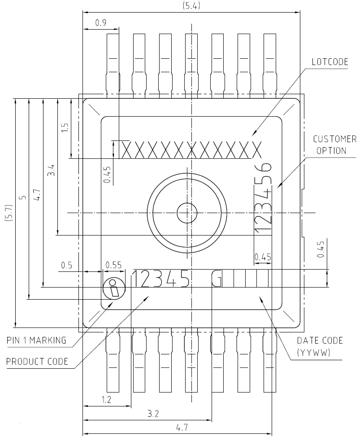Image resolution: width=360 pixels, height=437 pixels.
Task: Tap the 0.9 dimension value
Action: tap(101, 23)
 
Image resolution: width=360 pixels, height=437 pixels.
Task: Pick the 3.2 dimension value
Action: tap(153, 413)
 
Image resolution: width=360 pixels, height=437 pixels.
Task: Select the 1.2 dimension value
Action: tap(106, 400)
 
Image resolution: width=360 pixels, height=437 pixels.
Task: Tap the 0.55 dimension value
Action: tap(113, 265)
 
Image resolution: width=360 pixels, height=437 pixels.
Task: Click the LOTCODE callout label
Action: tap(330, 62)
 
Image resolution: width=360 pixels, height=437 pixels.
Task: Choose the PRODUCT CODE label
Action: tap(37, 362)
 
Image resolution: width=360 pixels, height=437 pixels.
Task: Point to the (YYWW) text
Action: tap(314, 353)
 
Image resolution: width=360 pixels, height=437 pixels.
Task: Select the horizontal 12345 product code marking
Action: tap(160, 279)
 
